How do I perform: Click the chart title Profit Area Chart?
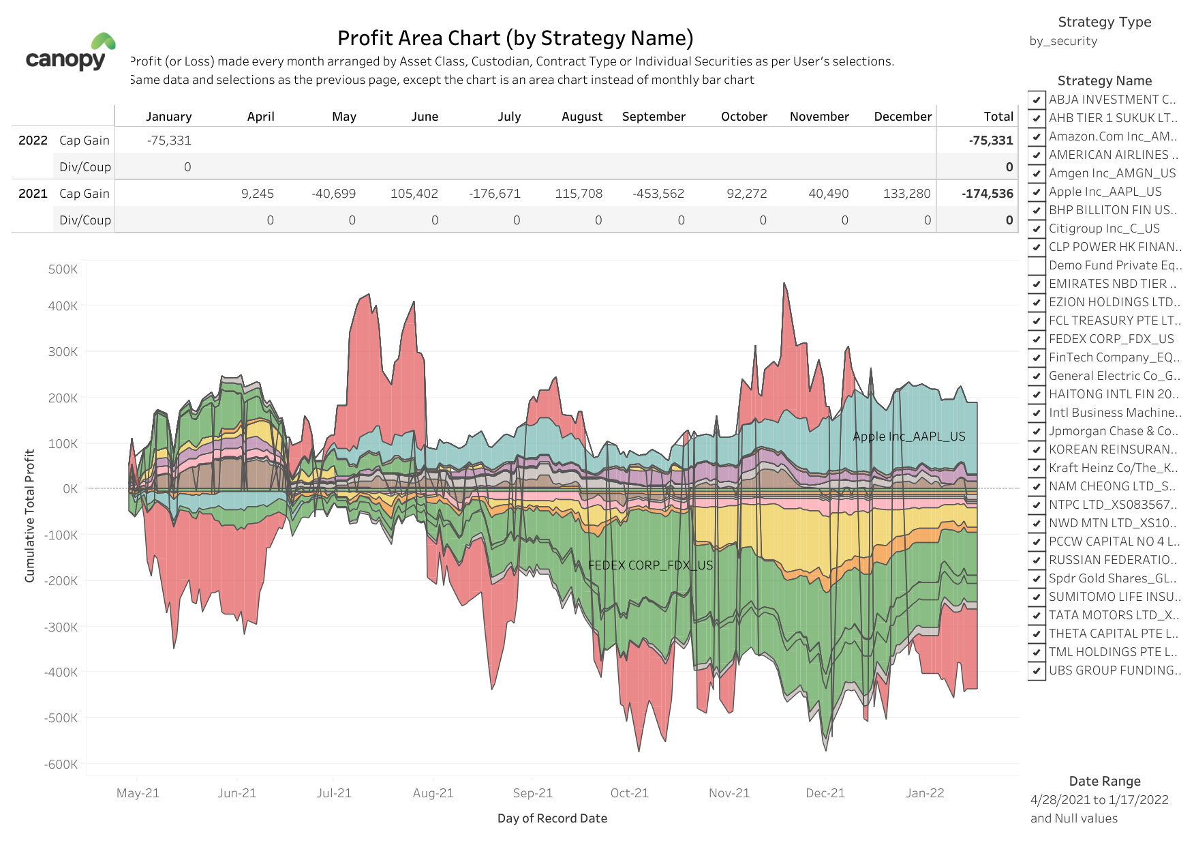coord(515,38)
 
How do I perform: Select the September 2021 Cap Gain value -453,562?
coord(658,194)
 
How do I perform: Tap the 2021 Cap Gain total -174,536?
coord(987,194)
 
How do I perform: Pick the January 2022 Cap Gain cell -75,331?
coord(169,140)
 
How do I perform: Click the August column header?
coord(581,117)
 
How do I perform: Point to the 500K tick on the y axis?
coord(63,269)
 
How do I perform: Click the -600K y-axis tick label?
coord(61,765)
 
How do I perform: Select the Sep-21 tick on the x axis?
coord(532,793)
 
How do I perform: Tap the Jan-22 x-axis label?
coord(924,793)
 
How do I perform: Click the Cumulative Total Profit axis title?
coord(29,516)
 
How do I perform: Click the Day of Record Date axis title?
coord(552,818)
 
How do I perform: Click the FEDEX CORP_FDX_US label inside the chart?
coord(650,565)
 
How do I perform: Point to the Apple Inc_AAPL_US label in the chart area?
coord(908,436)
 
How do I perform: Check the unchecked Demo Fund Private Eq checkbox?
coord(1037,265)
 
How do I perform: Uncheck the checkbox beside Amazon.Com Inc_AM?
coord(1037,136)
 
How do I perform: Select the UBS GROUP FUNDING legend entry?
coord(1114,670)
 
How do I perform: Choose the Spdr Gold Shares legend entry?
coord(1112,578)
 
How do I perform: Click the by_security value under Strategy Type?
coord(1062,41)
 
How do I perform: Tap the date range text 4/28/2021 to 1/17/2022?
coord(1099,800)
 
